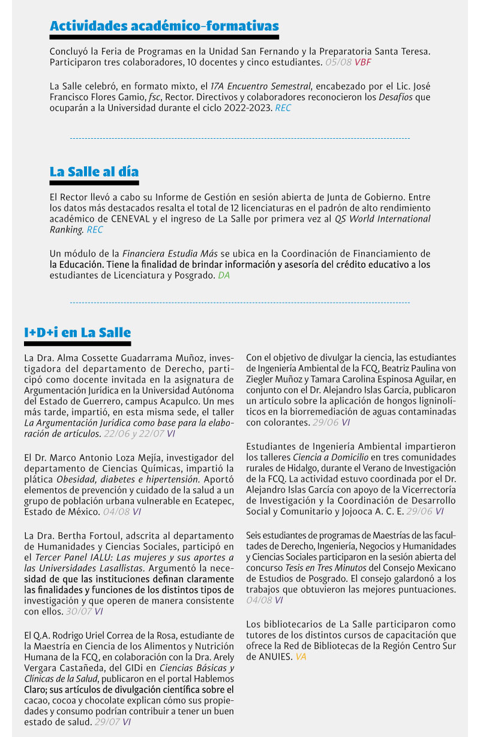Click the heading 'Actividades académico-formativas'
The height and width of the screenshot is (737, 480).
(x=164, y=26)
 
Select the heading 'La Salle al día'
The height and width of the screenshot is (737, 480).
(x=94, y=172)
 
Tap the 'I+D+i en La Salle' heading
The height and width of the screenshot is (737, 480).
(x=77, y=332)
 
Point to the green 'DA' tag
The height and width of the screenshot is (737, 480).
(x=223, y=275)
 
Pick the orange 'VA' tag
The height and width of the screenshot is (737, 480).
(x=301, y=657)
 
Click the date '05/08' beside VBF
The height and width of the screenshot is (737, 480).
(x=338, y=62)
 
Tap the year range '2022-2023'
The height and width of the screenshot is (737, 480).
(x=246, y=108)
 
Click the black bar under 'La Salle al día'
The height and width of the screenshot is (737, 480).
(x=94, y=183)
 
